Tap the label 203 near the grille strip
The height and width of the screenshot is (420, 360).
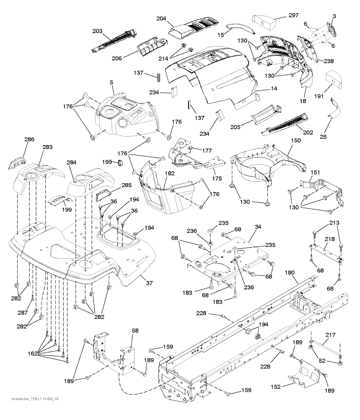97,31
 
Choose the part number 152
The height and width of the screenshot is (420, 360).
276,387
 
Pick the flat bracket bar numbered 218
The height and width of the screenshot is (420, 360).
326,254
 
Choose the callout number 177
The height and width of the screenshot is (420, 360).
207,150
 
